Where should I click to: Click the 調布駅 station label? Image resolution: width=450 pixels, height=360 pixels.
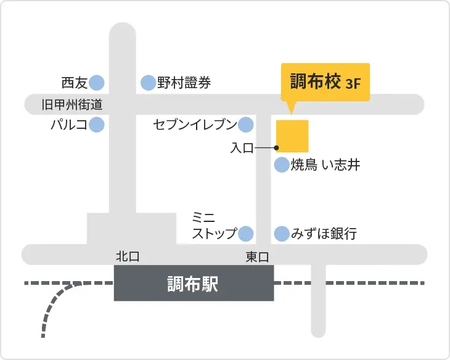click(x=194, y=284)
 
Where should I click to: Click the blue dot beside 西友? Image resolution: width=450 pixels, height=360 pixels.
click(x=97, y=82)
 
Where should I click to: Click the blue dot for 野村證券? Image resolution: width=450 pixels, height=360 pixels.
click(x=148, y=82)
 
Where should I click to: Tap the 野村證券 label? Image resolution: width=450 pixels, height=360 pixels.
click(x=184, y=82)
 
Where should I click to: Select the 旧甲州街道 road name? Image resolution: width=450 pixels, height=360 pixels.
click(x=72, y=105)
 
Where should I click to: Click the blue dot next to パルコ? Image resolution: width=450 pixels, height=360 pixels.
click(x=97, y=125)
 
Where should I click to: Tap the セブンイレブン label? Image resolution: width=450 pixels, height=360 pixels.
click(x=195, y=125)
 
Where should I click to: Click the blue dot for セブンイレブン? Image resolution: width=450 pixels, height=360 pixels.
click(x=246, y=125)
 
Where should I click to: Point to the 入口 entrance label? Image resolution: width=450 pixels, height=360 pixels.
click(x=242, y=148)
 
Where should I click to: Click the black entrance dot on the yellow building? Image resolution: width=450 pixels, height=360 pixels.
click(x=276, y=148)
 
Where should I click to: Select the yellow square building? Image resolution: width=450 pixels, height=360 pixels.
click(x=292, y=136)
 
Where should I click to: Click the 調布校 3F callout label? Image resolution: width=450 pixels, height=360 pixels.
click(x=325, y=82)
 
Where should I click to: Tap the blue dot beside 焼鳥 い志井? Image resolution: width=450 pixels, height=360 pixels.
click(x=282, y=165)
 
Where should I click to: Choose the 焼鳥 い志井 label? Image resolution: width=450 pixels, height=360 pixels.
click(x=325, y=165)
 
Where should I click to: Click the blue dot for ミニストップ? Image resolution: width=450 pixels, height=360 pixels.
click(x=246, y=234)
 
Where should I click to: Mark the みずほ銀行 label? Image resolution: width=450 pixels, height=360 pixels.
click(x=324, y=234)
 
